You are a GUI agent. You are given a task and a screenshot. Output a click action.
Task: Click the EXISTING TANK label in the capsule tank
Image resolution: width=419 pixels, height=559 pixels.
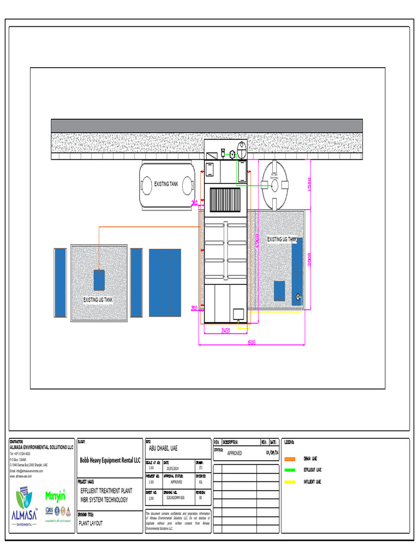point(166,185)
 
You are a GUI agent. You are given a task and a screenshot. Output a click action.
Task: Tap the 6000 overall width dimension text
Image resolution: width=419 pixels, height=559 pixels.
point(252,343)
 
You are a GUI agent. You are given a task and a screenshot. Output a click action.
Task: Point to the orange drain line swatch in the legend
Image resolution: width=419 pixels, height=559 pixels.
point(290,459)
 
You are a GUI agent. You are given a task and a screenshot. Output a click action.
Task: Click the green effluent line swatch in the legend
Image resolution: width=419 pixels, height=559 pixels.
point(290,470)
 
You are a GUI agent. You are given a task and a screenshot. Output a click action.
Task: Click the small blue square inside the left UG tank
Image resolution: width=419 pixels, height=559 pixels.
point(99,280)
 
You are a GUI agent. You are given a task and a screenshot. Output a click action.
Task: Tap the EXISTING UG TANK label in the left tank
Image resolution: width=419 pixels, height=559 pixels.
point(98,300)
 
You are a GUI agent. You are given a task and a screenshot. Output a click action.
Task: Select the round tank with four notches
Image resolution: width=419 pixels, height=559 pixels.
point(275,185)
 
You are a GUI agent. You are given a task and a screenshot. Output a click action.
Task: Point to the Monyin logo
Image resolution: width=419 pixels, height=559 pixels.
point(55,497)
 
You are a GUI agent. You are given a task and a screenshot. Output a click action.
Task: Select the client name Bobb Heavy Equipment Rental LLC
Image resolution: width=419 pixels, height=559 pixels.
point(110,460)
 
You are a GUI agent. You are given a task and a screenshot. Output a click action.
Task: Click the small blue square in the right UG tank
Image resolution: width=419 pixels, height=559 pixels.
point(279,291)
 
